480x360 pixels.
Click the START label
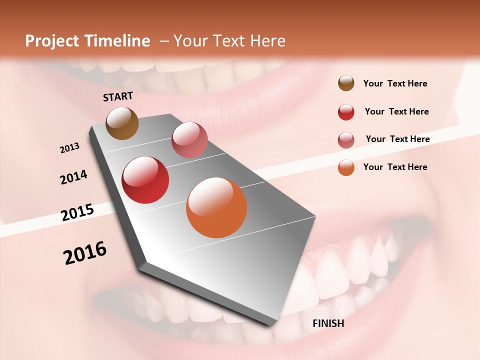pos(118,96)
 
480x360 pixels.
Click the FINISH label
pos(328,323)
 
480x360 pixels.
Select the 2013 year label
pos(70,148)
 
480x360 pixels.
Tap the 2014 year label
pos(73,177)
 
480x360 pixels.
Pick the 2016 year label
pos(85,252)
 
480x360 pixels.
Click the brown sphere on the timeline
pos(122,123)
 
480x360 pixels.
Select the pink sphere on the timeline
pos(189,140)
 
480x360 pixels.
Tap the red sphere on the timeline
pos(145,180)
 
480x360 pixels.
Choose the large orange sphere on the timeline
pos(216,207)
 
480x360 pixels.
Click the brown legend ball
pos(346,83)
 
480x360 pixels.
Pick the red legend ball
pos(346,112)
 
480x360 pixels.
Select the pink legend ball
pos(346,140)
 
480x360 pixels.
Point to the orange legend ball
pos(346,167)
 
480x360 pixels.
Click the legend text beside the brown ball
pos(395,84)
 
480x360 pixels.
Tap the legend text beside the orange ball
pos(395,167)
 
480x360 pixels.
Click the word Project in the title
pos(52,41)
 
